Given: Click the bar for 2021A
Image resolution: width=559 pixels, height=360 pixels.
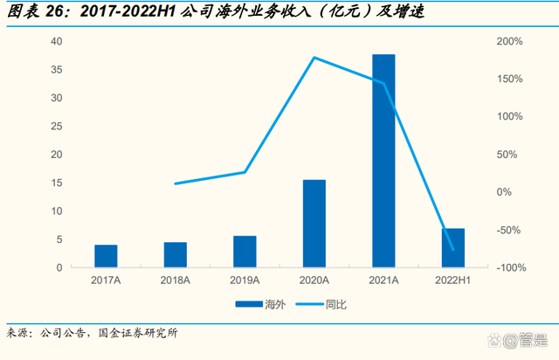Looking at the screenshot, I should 383,161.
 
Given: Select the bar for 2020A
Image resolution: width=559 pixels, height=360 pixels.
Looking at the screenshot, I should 314,224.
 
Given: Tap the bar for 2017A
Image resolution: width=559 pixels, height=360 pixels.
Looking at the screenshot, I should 106,256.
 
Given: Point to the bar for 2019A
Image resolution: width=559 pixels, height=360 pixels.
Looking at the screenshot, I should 245,252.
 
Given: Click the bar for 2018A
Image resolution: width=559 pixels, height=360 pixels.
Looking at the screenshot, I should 176,254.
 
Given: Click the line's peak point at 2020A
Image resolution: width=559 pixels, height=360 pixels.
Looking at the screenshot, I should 314,58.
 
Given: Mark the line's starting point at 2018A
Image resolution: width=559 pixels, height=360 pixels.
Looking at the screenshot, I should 176,183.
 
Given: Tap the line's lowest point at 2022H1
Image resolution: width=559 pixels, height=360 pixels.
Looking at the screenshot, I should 453,250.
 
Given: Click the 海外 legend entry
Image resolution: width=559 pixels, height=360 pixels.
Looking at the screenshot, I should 259,304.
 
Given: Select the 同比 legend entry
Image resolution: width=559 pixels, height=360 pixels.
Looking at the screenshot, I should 325,304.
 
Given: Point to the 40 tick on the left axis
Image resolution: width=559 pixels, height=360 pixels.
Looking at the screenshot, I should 56,42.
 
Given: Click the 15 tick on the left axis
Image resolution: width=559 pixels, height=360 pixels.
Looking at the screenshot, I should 56,183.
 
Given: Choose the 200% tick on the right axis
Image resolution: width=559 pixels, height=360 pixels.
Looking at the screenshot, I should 510,42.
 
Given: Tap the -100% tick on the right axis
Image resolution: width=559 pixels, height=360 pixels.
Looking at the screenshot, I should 510,267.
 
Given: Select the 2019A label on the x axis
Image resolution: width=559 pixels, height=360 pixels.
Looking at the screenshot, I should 245,280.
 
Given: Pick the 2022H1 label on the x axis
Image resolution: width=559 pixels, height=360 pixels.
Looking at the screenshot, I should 453,280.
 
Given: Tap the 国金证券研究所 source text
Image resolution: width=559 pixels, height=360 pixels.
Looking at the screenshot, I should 140,335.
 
